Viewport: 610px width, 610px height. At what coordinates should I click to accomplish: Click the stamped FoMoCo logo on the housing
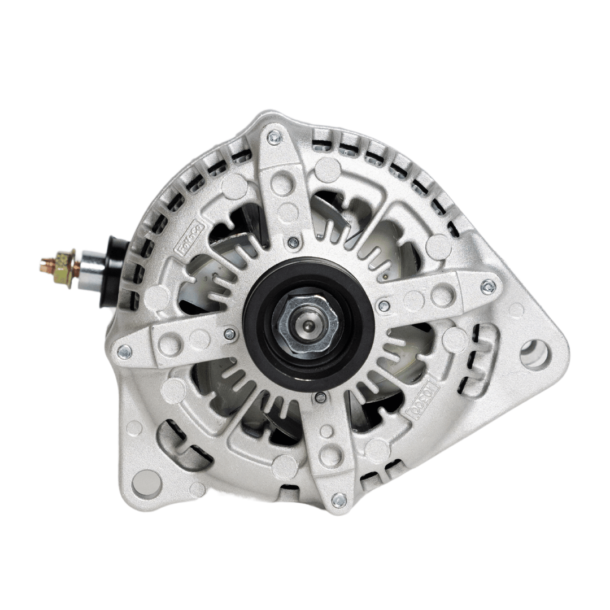192,237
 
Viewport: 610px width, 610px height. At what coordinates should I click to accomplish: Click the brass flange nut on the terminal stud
66,269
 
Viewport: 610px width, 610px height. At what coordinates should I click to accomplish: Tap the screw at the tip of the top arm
274,137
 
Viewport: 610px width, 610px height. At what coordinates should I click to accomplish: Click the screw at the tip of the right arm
487,287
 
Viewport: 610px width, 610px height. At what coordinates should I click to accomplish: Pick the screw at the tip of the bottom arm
339,500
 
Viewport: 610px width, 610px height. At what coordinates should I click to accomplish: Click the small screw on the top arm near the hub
293,242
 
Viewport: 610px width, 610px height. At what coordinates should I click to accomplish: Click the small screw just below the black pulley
320,397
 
